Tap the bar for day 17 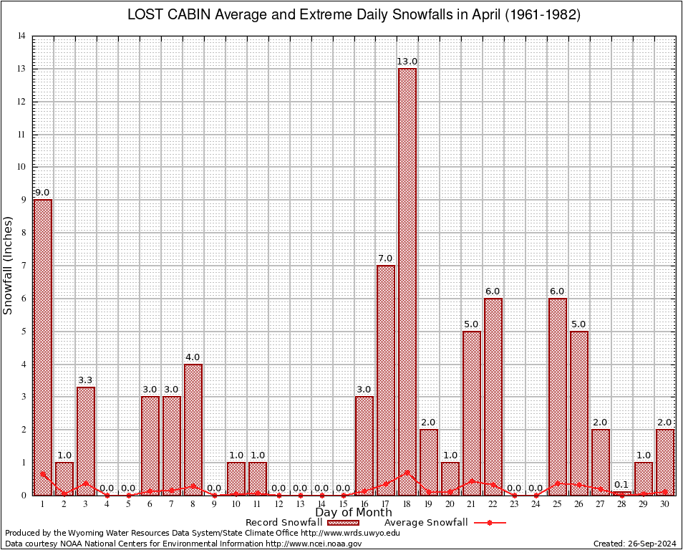click(x=386, y=380)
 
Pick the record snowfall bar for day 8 click(x=193, y=429)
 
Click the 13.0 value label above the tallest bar click(x=407, y=62)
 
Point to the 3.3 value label click(x=86, y=380)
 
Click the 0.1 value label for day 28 click(x=622, y=485)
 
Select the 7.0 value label click(x=386, y=259)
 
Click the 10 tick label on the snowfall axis click(x=21, y=168)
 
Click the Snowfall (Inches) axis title click(x=9, y=265)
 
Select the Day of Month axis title click(x=353, y=513)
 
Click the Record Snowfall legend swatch click(x=343, y=523)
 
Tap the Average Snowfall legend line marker click(x=490, y=523)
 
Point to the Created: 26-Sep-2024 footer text click(x=634, y=544)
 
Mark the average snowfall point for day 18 click(x=407, y=472)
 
